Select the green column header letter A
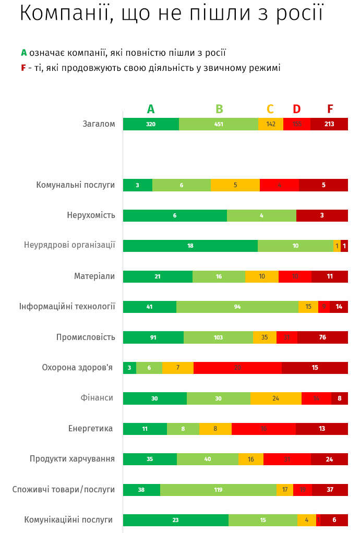click(151, 109)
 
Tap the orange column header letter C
click(270, 109)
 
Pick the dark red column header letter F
click(330, 109)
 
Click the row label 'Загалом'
click(99, 124)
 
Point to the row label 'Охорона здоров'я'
click(77, 368)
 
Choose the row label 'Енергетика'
click(90, 429)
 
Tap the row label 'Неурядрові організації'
click(69, 245)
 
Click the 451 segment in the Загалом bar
click(219, 124)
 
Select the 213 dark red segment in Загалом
click(329, 124)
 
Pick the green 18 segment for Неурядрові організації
click(190, 246)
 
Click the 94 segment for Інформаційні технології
click(237, 307)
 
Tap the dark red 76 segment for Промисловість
click(322, 337)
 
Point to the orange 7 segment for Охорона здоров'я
click(178, 368)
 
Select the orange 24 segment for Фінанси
click(275, 398)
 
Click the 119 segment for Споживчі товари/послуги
click(218, 490)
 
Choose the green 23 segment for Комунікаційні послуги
click(176, 520)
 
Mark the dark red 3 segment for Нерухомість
click(322, 215)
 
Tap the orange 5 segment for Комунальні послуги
click(235, 185)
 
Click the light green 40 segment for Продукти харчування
click(208, 459)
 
